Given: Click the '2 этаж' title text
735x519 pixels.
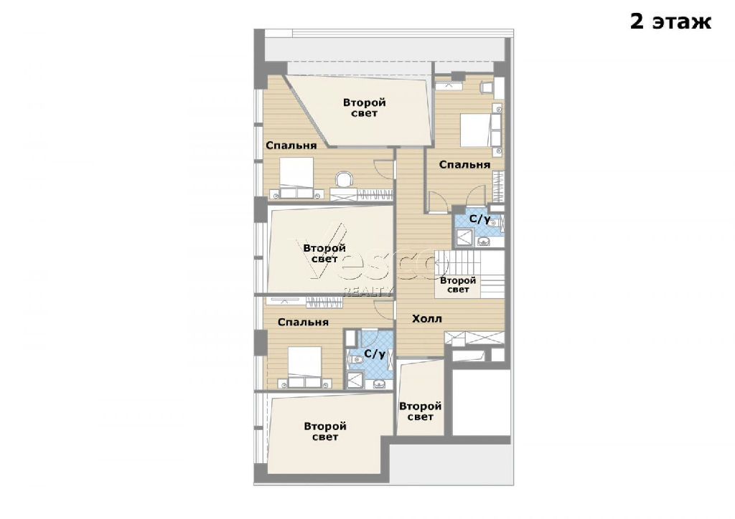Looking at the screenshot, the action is point(670,22).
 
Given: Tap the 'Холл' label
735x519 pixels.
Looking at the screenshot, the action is point(426,319).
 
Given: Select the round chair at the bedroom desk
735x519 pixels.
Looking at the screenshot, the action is point(344,179).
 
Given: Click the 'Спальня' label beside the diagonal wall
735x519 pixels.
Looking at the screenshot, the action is point(291,146).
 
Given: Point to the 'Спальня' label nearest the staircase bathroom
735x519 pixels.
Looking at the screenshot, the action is point(464,165).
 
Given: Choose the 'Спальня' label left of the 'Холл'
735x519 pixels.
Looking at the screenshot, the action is point(303,323).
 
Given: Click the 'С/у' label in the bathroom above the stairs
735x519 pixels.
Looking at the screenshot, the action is point(480,219).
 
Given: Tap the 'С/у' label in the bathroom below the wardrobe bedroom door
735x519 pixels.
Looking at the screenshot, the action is point(375,354).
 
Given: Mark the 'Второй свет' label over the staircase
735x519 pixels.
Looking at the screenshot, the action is point(458,285).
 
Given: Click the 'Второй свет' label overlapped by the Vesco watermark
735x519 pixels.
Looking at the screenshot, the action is point(324,253).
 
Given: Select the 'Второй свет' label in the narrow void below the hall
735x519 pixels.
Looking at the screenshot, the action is point(420,411).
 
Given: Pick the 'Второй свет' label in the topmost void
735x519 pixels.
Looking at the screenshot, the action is point(364,108).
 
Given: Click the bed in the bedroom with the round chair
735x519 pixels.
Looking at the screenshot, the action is point(296,173).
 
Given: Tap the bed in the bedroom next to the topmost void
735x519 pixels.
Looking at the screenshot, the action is point(475,130).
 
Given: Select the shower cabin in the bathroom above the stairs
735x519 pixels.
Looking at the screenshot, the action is point(464,238).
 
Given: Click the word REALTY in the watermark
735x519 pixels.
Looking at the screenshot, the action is point(368,292).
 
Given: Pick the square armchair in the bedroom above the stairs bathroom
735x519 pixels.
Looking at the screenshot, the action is point(486,87).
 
